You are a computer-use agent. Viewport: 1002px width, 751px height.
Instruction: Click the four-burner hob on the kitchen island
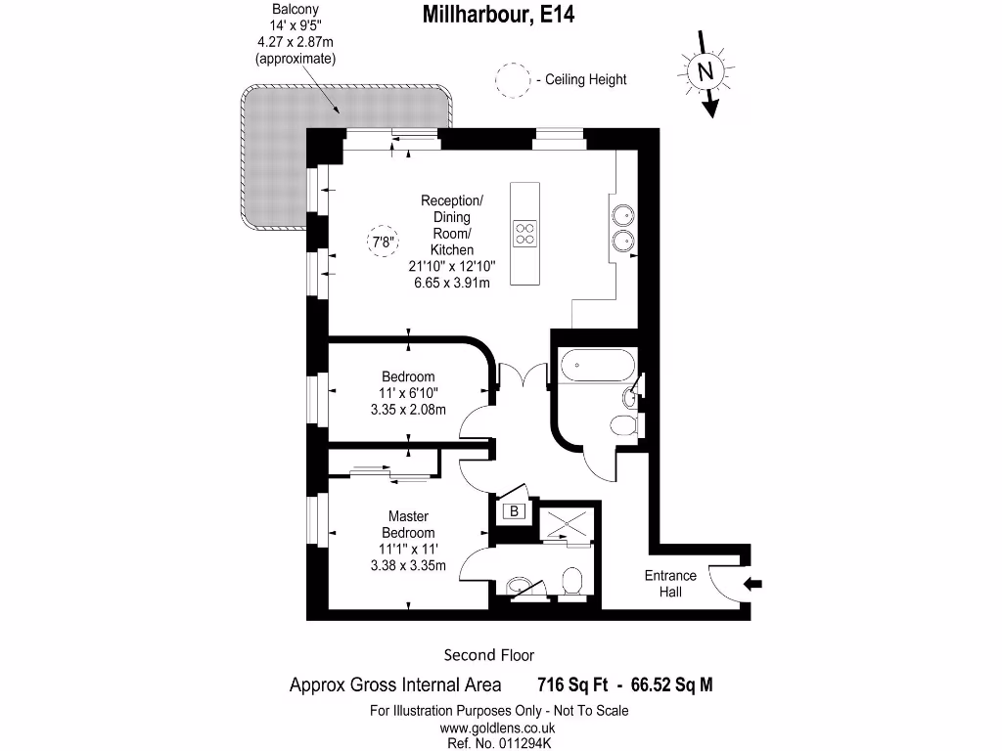click(x=525, y=233)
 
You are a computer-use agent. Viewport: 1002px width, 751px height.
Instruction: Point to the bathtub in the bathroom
click(x=597, y=368)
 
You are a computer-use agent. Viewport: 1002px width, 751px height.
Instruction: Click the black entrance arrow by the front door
click(x=753, y=585)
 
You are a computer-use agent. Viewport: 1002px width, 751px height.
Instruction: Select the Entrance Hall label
click(x=670, y=584)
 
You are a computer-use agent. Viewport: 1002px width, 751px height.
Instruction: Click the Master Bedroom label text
click(x=409, y=524)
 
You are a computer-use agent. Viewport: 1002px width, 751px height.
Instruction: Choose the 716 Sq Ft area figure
click(x=574, y=685)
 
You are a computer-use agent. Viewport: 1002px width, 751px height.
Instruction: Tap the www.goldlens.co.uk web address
click(x=498, y=728)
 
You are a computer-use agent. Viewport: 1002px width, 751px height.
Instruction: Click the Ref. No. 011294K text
click(x=498, y=744)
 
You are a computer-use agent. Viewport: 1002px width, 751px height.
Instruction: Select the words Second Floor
click(x=489, y=655)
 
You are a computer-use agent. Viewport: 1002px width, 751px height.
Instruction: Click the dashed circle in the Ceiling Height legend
click(x=510, y=79)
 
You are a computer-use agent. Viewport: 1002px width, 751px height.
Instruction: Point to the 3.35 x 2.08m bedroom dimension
click(x=408, y=410)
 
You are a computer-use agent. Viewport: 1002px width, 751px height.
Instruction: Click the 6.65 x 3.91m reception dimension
click(x=451, y=283)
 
